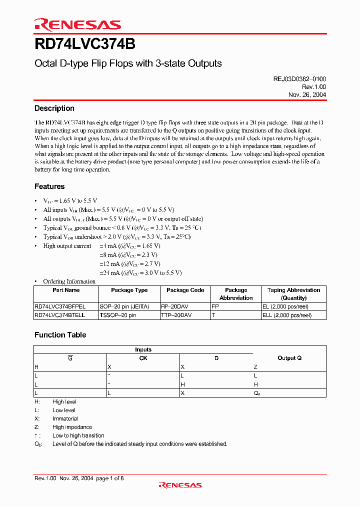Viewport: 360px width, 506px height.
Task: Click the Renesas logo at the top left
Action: tap(77, 24)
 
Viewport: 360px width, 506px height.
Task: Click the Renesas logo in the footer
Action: tap(180, 484)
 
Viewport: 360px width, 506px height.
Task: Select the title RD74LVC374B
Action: tap(84, 43)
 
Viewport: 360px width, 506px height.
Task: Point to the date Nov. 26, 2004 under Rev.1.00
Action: tap(307, 94)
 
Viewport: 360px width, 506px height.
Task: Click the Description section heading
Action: tap(54, 108)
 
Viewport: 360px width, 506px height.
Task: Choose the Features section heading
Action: tap(49, 186)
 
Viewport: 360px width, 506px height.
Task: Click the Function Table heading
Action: tap(60, 335)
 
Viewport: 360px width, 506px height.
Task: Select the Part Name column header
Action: tap(66, 290)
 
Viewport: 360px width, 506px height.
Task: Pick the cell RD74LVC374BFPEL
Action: tap(60, 306)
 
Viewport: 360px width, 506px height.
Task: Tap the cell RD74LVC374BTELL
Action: tap(59, 315)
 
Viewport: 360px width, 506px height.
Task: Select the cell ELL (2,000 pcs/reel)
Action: tap(287, 315)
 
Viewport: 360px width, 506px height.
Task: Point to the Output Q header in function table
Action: tap(289, 358)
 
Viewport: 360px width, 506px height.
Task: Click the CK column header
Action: tap(143, 358)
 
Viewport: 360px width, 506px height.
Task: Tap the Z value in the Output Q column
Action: tap(255, 367)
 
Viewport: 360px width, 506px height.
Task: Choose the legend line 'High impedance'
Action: tap(72, 427)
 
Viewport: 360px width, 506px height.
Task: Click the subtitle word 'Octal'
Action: tap(44, 64)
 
